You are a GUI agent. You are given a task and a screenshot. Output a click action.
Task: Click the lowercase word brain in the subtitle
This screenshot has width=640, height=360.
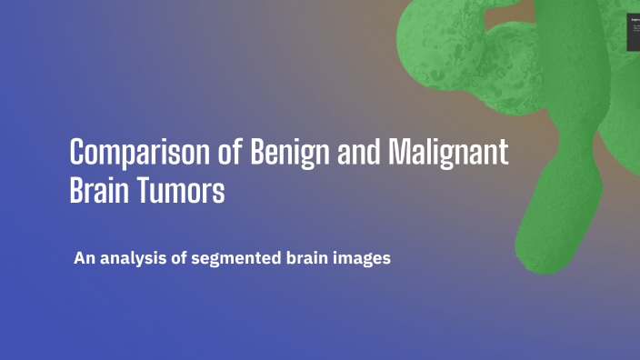point(307,259)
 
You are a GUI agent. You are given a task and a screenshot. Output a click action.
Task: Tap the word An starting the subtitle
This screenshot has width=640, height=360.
point(85,259)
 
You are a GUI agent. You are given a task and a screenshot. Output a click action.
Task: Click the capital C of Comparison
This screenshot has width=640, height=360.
point(77,151)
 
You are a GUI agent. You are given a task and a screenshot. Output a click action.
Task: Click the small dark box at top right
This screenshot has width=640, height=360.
point(634,32)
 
